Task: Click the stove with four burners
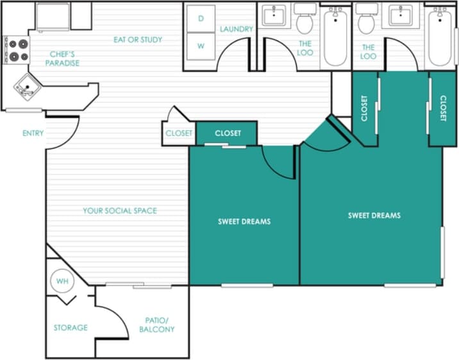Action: tap(17, 50)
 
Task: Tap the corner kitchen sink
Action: tap(25, 88)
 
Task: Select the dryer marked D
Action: tap(201, 19)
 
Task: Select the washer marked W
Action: tap(201, 46)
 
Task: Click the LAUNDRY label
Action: tap(236, 29)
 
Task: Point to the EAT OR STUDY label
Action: tap(138, 40)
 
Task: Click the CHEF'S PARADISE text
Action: tap(62, 58)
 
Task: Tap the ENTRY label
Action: tap(33, 133)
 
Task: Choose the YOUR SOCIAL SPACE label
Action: tap(120, 210)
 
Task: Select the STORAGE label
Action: tap(71, 327)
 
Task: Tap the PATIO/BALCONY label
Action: tap(157, 325)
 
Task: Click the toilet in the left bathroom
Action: tap(305, 21)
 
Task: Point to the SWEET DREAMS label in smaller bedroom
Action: tap(244, 221)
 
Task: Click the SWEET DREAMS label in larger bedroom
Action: tap(374, 216)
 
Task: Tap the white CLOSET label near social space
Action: tap(179, 133)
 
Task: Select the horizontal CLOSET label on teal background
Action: tap(228, 133)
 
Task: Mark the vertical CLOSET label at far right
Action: tap(443, 109)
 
